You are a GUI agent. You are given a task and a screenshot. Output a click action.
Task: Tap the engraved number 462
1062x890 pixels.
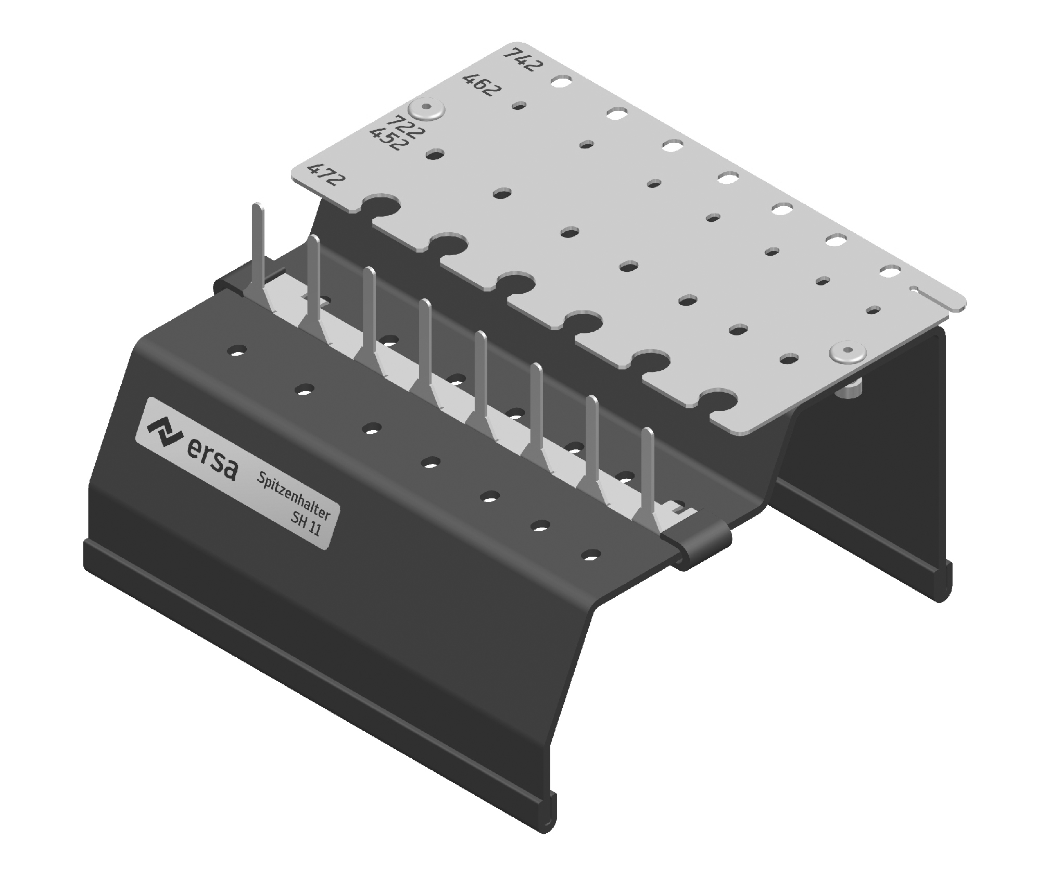point(482,85)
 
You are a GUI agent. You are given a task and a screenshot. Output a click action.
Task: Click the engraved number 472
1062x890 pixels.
point(326,174)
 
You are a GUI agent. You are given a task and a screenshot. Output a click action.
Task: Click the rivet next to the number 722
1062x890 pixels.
point(426,109)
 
